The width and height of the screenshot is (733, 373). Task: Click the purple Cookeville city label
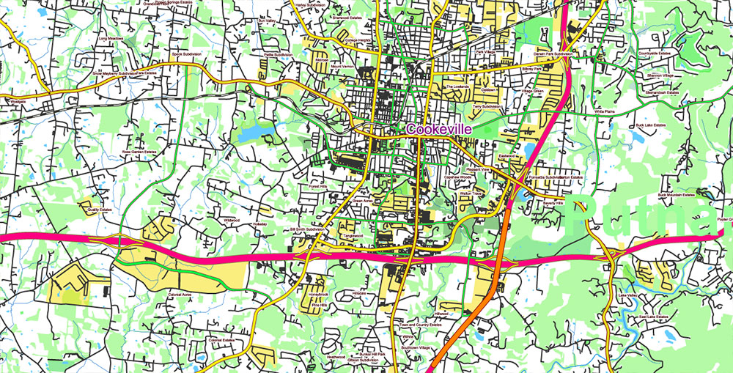439,128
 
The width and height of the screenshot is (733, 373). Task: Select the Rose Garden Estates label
139,152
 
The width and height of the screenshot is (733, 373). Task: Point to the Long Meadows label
112,37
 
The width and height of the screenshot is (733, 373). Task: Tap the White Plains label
605,111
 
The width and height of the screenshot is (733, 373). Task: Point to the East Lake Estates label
652,317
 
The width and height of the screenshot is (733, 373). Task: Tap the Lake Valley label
628,295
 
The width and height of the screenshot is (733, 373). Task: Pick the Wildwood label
231,219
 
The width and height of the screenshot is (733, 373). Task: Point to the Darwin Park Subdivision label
552,54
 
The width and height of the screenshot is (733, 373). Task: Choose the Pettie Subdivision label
279,55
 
